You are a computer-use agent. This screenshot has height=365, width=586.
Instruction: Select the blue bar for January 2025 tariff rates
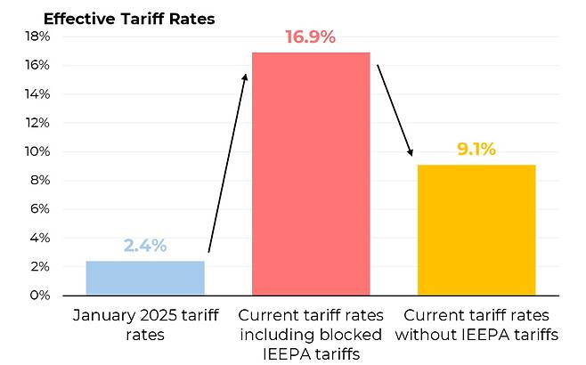145,278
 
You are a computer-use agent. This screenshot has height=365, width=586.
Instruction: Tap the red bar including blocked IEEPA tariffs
311,174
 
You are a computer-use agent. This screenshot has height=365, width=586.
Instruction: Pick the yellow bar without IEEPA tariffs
476,230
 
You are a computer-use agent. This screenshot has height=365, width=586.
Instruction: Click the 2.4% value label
145,246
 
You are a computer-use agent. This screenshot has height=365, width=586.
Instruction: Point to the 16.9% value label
311,37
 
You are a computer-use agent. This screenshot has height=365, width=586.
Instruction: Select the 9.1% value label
476,149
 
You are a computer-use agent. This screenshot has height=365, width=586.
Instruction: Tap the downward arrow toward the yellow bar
394,111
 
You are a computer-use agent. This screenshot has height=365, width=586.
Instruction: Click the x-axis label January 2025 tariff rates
145,325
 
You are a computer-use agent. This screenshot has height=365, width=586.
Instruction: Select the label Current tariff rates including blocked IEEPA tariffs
311,335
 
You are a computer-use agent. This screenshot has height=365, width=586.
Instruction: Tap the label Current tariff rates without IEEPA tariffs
476,325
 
